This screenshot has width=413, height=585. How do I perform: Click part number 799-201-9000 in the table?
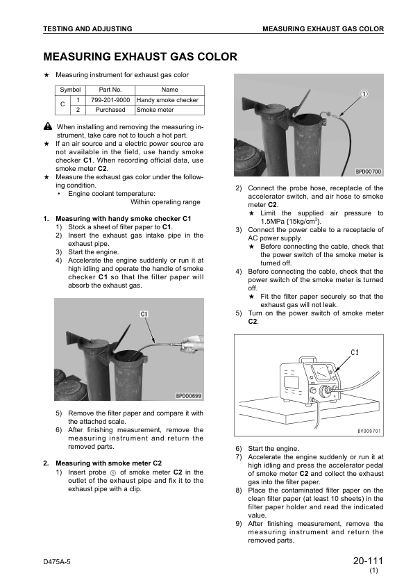pos(110,100)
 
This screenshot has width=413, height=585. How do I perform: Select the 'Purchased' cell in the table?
pos(110,110)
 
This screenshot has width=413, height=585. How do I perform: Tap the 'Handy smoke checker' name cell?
pos(167,100)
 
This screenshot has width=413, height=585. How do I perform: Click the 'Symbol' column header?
pos(70,90)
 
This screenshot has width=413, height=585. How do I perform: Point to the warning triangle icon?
pos(48,126)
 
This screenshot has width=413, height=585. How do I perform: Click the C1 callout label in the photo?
pos(144,315)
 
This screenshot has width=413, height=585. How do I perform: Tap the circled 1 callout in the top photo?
pos(364,94)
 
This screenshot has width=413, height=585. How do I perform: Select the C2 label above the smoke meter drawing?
pos(355,352)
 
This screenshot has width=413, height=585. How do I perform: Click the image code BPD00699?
pos(189,396)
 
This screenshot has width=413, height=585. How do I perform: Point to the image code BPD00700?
pos(369,171)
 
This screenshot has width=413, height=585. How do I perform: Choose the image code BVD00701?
pos(369,431)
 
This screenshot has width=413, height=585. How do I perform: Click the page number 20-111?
pos(368,561)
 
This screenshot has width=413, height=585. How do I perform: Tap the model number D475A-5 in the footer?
pos(57,562)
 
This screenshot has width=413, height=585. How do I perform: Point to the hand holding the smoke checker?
pos(193,344)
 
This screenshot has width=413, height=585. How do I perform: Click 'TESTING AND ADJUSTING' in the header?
pos(87,28)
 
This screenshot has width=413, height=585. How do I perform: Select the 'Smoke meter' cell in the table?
pos(155,110)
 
